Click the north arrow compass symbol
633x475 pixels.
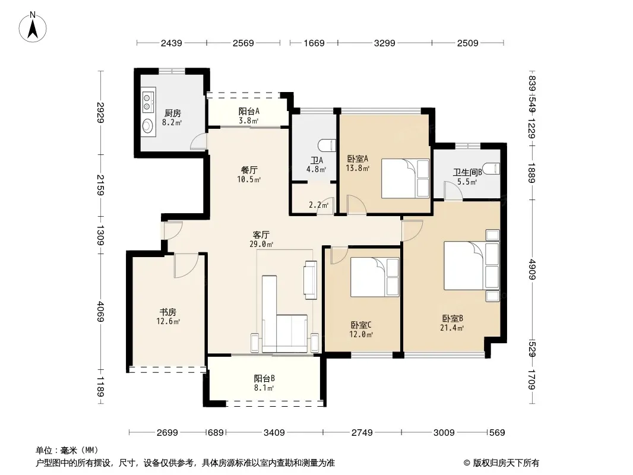tap(33, 27)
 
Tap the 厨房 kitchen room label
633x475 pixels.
tap(172, 113)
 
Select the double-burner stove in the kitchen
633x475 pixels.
tap(148, 102)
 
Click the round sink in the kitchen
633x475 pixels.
tap(148, 125)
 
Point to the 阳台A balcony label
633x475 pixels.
tap(249, 111)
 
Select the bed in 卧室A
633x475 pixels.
tap(406, 178)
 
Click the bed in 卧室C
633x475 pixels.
tap(375, 277)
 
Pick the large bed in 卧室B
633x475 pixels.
tap(471, 265)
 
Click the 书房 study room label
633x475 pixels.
tap(168, 312)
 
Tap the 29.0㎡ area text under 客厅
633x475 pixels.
tap(261, 244)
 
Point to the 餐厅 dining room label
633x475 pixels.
tap(249, 170)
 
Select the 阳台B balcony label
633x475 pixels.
tap(264, 378)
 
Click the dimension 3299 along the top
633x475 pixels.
tap(384, 43)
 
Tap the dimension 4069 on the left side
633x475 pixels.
tap(100, 312)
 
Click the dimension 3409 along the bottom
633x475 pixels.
tap(274, 433)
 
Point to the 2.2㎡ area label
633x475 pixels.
tap(318, 205)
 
